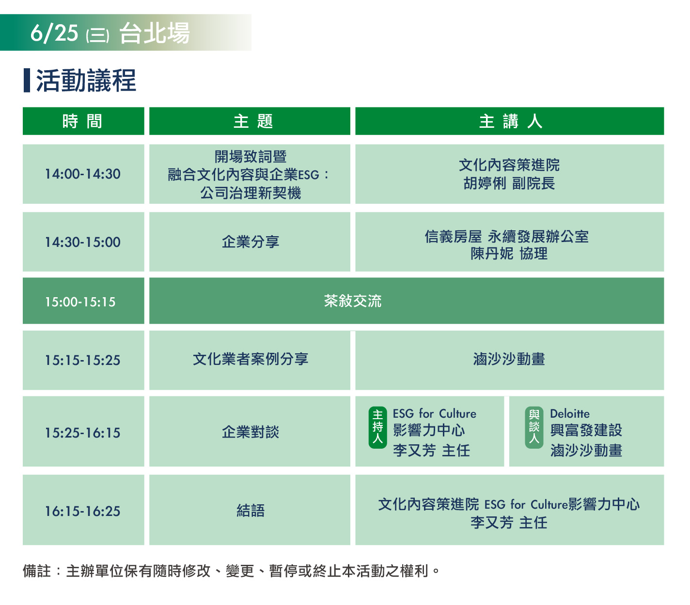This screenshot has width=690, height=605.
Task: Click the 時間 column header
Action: [83, 121]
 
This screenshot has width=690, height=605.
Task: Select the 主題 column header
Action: [250, 121]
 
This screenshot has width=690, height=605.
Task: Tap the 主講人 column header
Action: [509, 121]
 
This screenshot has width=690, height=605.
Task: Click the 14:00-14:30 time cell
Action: [83, 174]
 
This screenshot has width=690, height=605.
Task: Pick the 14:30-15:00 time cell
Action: [83, 242]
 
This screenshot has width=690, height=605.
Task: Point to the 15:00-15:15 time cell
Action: [83, 301]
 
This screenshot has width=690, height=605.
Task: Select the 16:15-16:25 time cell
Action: [83, 511]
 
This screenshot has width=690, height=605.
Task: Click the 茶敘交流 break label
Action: [353, 301]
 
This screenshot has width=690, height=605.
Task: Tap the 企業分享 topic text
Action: [251, 242]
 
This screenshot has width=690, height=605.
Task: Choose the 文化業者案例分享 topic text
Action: [251, 359]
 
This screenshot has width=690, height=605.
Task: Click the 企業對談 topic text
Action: [251, 432]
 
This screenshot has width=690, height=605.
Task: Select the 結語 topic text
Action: [251, 511]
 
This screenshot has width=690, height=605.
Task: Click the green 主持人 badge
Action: [377, 427]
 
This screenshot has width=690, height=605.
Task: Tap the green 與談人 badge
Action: [534, 427]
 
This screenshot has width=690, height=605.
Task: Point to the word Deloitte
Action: [570, 414]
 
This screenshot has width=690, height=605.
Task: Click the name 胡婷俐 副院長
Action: [509, 183]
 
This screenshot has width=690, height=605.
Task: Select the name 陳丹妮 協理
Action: [509, 254]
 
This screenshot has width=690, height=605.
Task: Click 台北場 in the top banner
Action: [155, 33]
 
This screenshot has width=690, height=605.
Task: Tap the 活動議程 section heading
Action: [86, 81]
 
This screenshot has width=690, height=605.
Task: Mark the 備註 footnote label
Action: [37, 571]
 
